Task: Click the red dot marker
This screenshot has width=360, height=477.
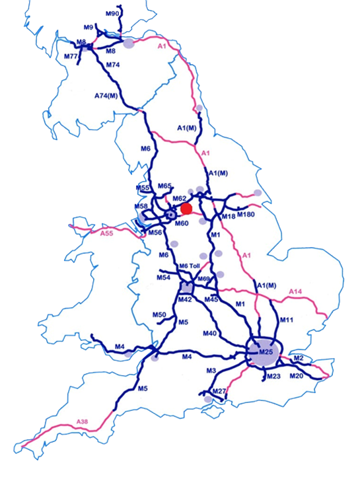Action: [x=186, y=209]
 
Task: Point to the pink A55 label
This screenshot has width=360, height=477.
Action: [x=106, y=233]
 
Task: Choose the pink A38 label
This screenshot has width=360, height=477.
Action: [x=82, y=422]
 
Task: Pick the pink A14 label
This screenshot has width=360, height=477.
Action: [x=295, y=291]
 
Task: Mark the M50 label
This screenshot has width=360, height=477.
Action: [x=159, y=314]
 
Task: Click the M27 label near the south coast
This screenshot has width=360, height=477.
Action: [x=220, y=391]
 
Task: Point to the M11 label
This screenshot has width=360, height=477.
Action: [x=286, y=320]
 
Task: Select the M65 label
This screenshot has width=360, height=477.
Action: [x=165, y=186]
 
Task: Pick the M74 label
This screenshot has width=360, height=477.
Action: [x=112, y=65]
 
